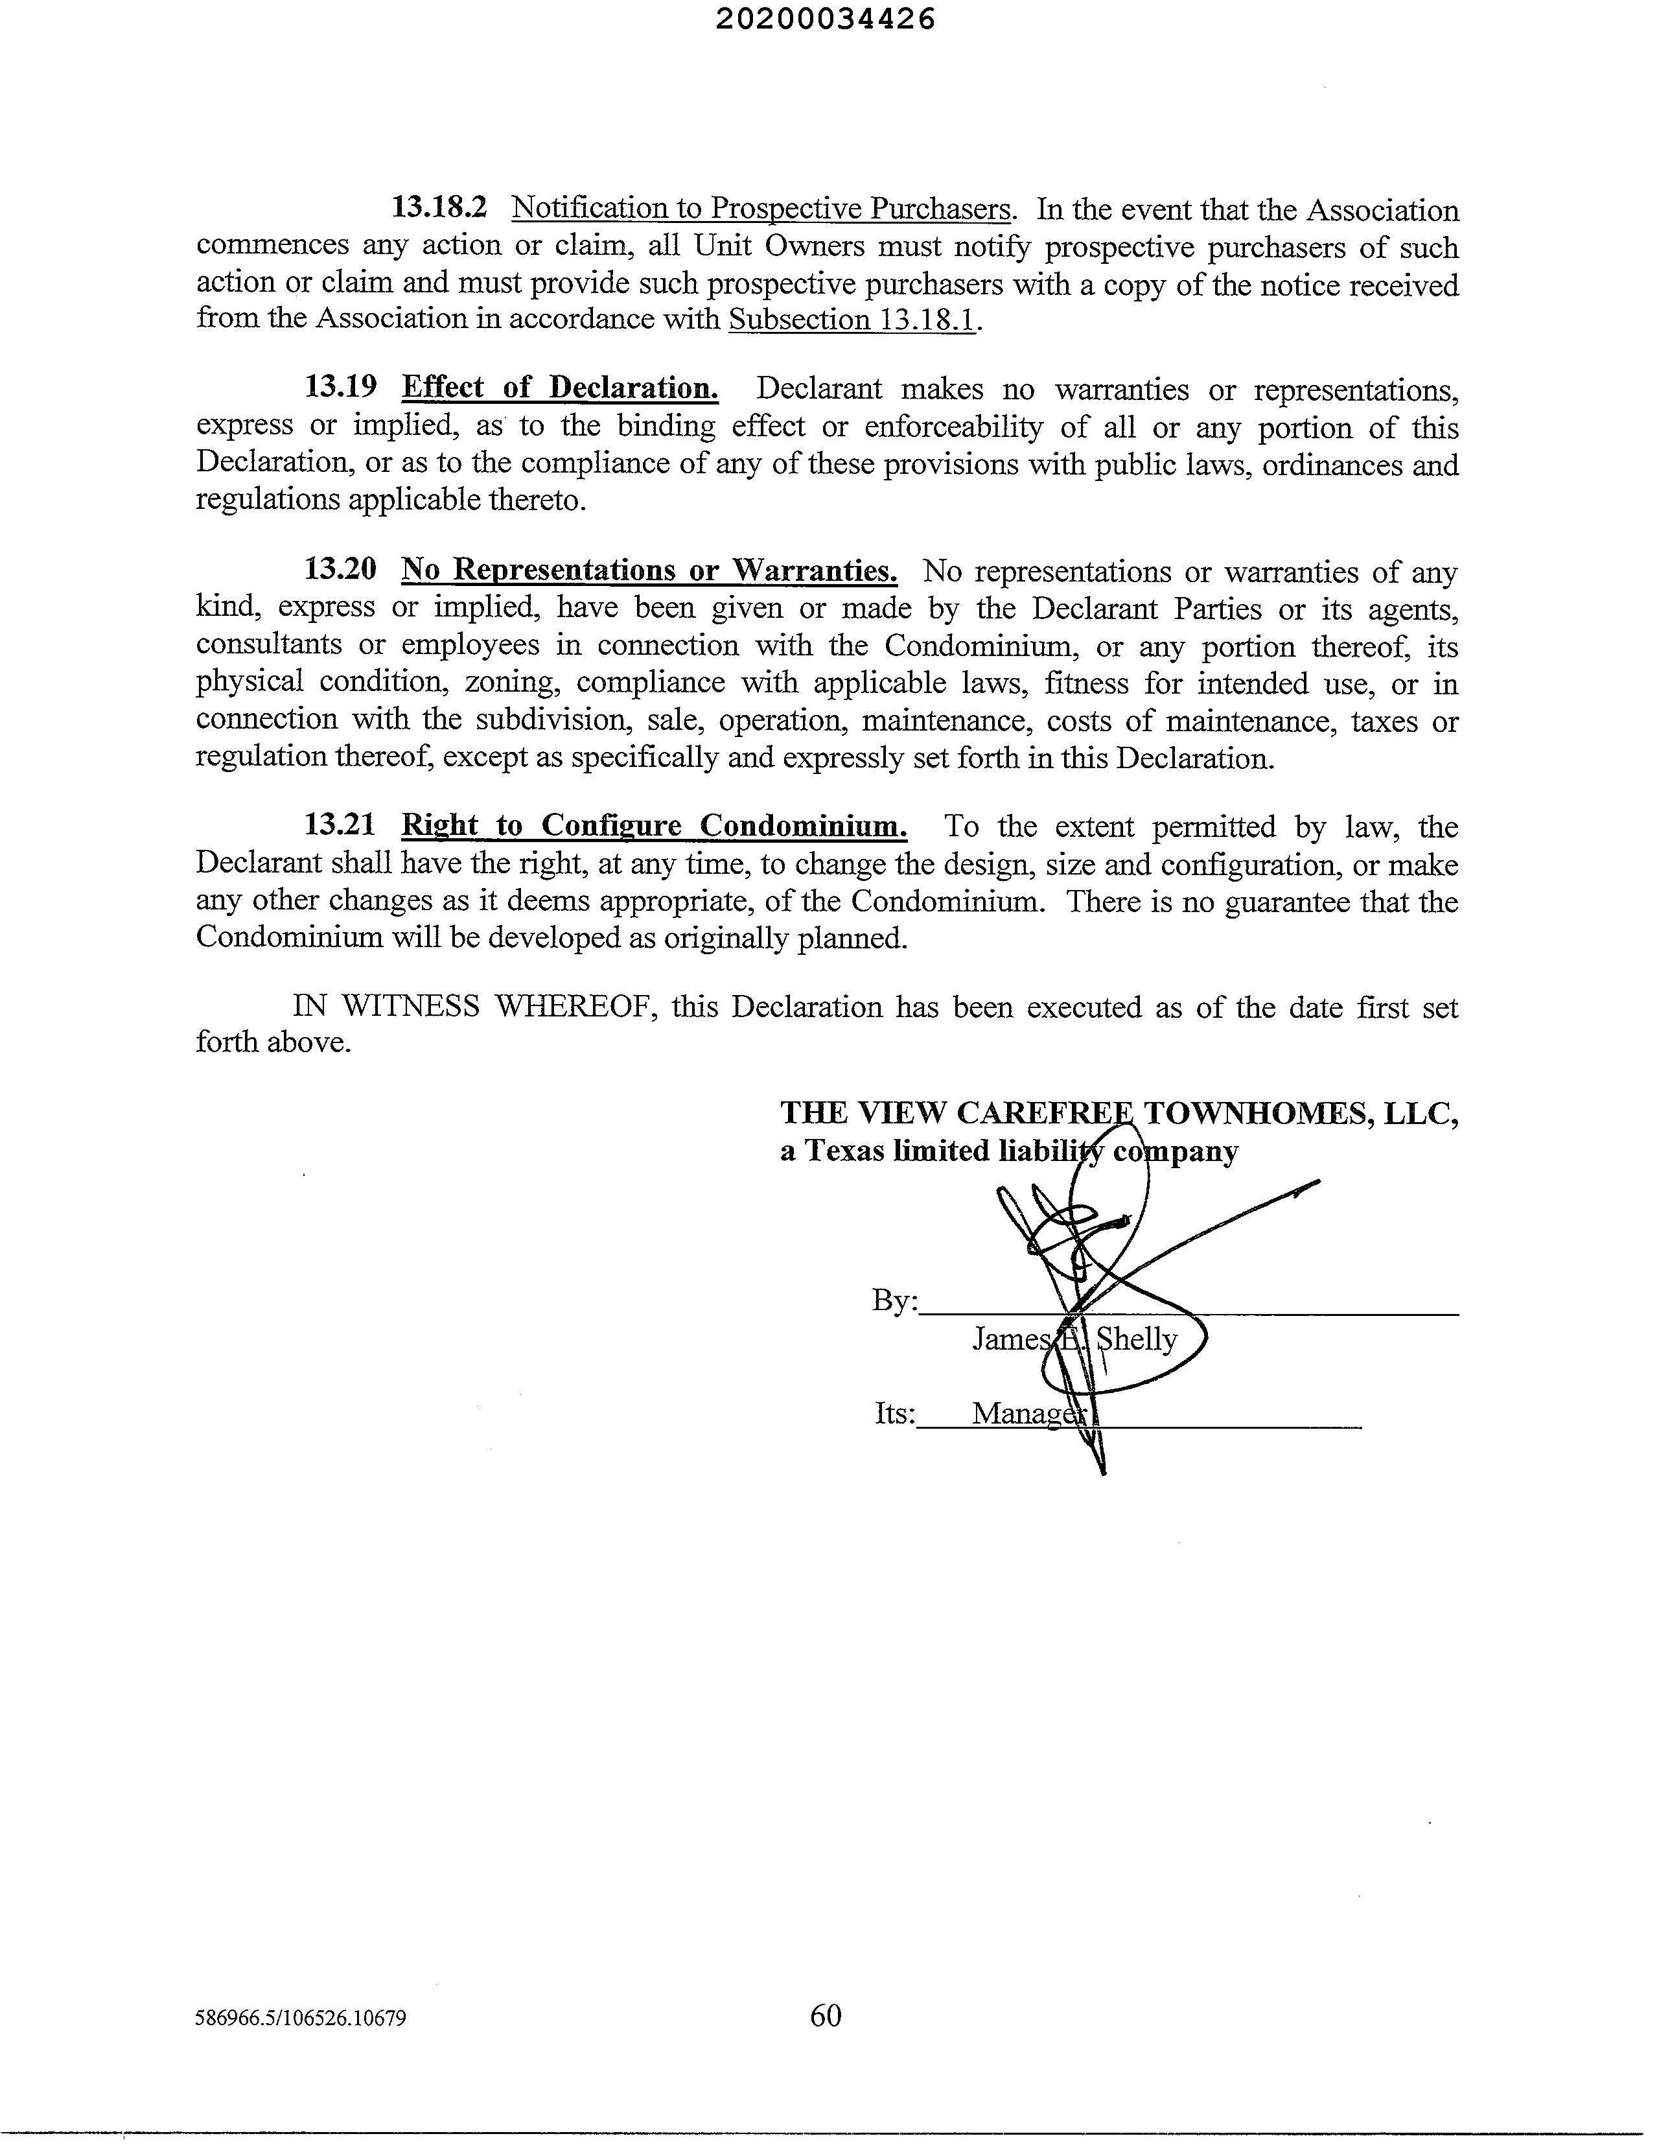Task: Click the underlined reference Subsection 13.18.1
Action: [852, 320]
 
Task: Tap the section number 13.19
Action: [340, 387]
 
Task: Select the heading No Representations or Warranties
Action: [649, 570]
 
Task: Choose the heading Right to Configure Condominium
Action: [655, 826]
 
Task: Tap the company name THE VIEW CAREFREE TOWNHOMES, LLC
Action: [1119, 1113]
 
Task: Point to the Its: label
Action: [894, 1414]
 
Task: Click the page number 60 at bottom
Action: [826, 2015]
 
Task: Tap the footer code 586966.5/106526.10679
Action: [301, 2019]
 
